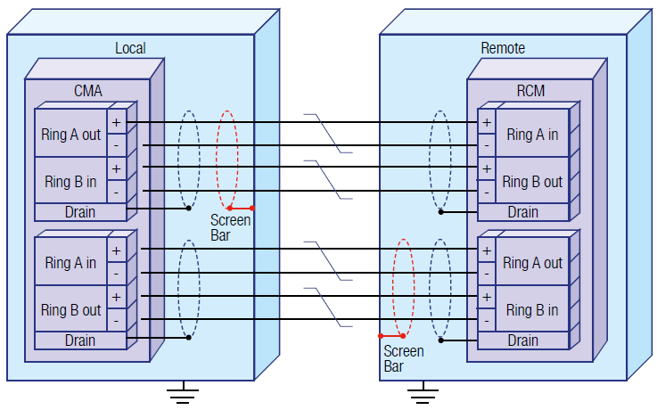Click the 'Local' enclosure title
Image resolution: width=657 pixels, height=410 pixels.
(130, 48)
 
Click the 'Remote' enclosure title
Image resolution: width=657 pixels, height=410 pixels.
(503, 48)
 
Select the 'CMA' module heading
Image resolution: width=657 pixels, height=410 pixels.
(87, 90)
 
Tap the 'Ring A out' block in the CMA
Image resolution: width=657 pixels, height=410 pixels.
(71, 135)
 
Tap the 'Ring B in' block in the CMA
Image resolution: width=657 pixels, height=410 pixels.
(71, 181)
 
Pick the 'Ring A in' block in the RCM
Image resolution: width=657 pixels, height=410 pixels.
(532, 135)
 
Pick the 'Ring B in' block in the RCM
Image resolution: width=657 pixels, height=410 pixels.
(532, 310)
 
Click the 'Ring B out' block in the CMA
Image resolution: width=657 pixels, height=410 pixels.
(71, 310)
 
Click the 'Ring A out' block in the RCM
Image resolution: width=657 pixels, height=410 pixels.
(532, 263)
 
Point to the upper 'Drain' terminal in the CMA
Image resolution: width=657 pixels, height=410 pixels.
(79, 212)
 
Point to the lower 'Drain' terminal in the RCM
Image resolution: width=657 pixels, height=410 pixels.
(522, 340)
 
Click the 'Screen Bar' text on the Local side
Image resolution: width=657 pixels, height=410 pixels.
(230, 227)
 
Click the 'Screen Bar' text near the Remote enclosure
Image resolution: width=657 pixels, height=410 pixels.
(403, 358)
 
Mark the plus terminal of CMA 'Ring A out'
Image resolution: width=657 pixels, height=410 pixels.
(117, 121)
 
